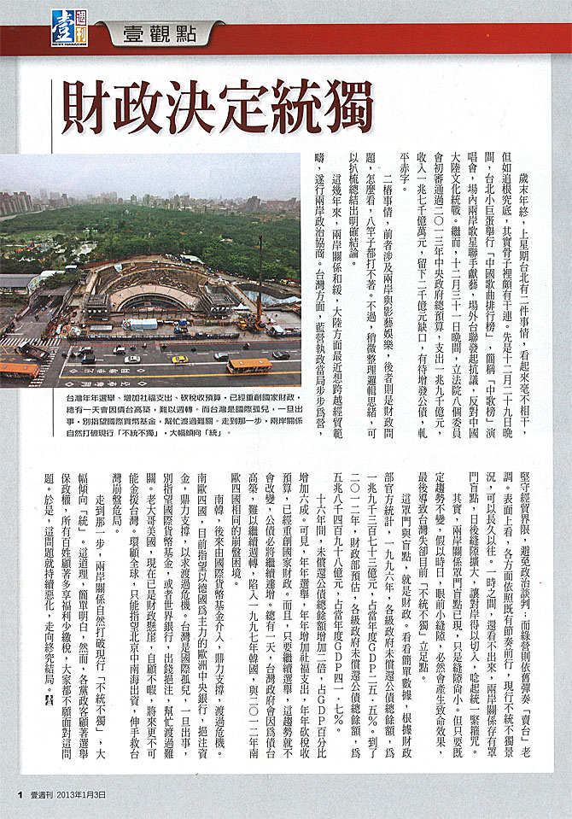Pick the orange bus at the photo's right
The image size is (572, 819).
tap(249, 366)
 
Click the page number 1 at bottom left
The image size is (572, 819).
tap(17, 794)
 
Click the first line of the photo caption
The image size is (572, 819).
tap(171, 398)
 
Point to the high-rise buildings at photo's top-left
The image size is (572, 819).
tap(17, 202)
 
